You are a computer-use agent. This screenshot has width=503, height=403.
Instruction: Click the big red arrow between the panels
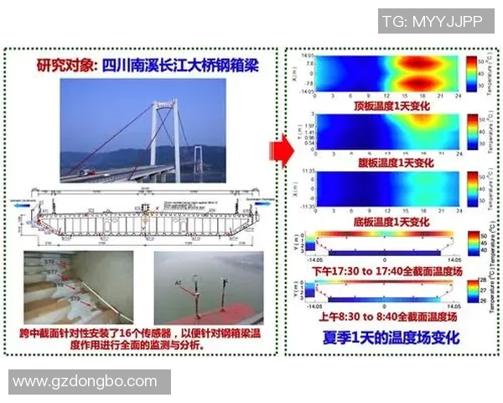[279, 150]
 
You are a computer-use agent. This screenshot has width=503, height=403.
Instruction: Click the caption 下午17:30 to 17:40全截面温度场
[381, 272]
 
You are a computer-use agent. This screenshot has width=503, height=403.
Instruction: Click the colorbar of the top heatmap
[471, 74]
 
